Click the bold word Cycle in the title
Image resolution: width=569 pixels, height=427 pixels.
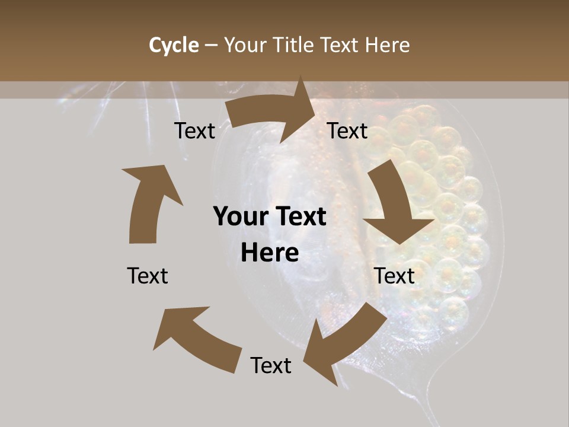coord(174,45)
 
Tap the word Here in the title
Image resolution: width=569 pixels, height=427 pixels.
coord(387,45)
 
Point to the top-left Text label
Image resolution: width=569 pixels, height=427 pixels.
coord(194,130)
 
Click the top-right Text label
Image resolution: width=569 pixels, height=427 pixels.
coord(347,130)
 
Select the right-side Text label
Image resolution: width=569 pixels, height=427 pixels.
coord(394,276)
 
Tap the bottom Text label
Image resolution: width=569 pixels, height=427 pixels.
coord(271,365)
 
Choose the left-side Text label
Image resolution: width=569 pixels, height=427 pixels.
coord(148,276)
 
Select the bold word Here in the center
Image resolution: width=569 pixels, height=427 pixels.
coord(270,253)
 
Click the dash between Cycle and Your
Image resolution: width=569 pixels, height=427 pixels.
coord(211,45)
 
